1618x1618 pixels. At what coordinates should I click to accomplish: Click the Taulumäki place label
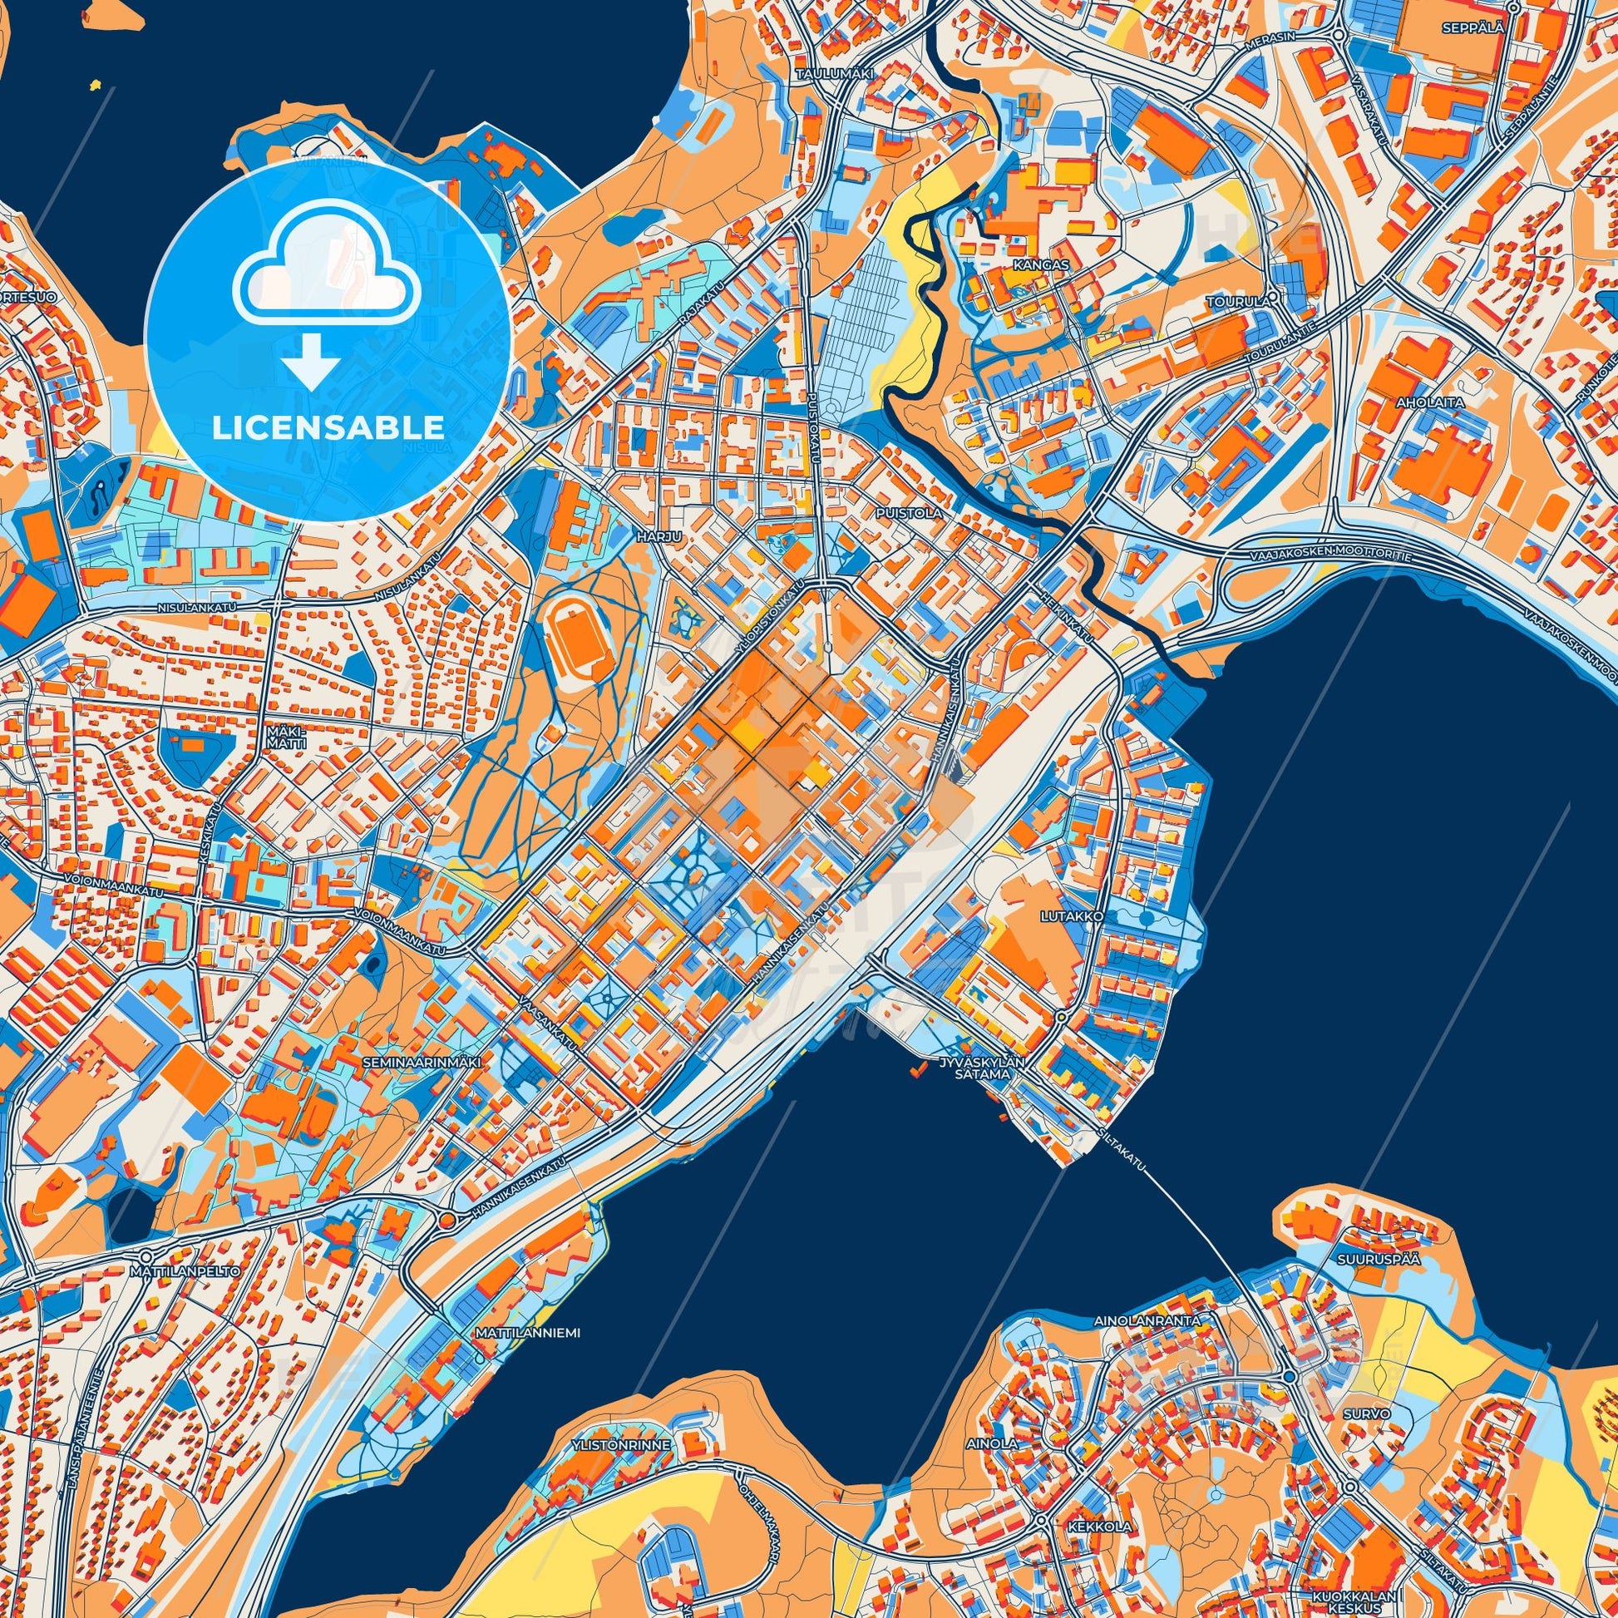(834, 75)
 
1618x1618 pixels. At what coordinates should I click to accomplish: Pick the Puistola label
(918, 511)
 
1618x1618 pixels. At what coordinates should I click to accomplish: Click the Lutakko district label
(1085, 917)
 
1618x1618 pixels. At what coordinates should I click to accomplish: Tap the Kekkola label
(1088, 1504)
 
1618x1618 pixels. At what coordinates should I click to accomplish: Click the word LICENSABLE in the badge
(328, 427)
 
